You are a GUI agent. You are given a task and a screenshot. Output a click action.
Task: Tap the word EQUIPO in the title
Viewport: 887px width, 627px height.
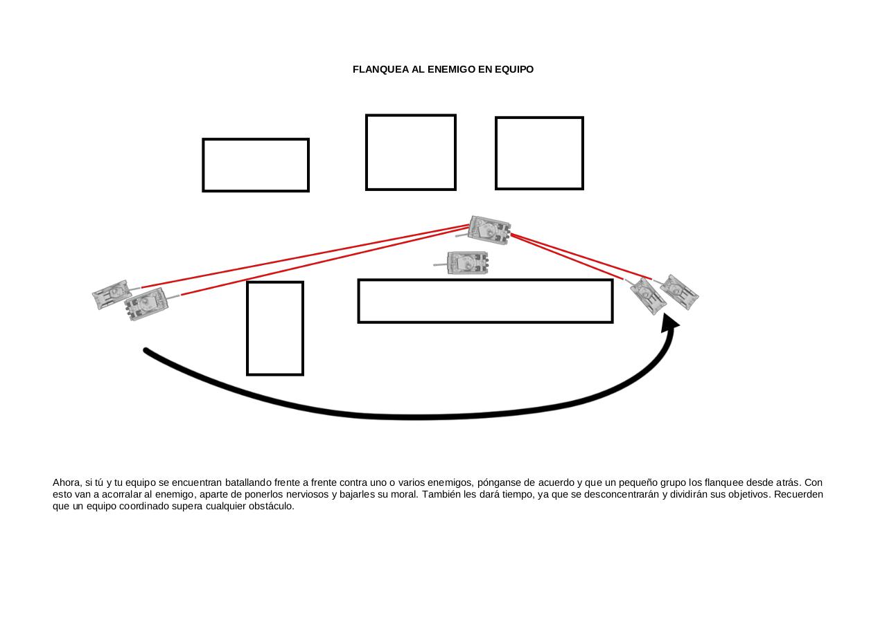tap(513, 69)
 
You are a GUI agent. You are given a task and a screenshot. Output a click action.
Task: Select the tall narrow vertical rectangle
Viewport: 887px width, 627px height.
tap(275, 328)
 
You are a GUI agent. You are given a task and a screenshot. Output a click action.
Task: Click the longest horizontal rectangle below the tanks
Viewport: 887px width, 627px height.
tap(485, 301)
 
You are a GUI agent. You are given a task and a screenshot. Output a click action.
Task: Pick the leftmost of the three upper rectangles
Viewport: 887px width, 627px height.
tap(256, 165)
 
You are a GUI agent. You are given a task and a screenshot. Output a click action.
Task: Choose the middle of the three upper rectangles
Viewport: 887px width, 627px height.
tap(411, 152)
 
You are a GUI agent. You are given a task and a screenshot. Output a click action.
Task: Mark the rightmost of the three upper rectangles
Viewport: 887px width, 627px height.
tap(539, 153)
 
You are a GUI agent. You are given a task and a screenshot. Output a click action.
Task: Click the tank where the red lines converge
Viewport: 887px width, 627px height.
tap(489, 230)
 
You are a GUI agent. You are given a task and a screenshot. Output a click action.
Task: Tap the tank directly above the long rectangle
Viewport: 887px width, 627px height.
tap(466, 263)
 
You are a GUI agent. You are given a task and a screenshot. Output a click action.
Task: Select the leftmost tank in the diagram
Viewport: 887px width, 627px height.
tap(111, 295)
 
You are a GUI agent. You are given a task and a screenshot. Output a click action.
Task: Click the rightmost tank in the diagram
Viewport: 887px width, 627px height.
tap(679, 291)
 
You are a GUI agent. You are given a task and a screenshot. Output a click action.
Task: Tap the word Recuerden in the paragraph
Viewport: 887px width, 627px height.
tap(798, 494)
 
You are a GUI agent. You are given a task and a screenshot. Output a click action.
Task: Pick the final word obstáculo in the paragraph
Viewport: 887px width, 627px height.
tap(271, 506)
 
